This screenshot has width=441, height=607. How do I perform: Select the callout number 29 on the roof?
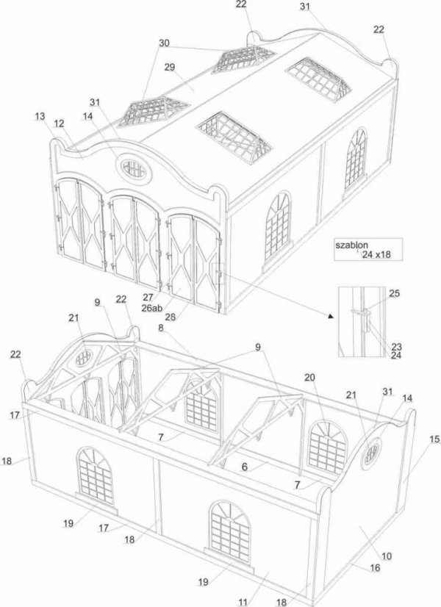tap(169, 67)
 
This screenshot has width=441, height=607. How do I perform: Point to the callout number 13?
tap(40, 116)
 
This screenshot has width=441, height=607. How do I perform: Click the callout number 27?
tap(148, 297)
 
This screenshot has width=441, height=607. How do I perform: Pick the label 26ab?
tap(152, 307)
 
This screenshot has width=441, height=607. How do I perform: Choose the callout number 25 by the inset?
tap(394, 293)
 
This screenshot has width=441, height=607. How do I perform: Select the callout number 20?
tap(309, 377)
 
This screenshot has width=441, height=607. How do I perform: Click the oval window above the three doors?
tap(134, 169)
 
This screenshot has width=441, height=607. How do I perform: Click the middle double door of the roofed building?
tap(134, 240)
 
